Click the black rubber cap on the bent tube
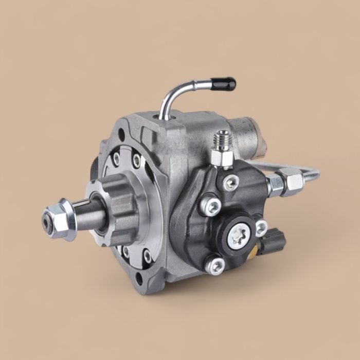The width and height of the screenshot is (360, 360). pos(224,83)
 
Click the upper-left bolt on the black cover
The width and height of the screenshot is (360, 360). pos(209,205)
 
